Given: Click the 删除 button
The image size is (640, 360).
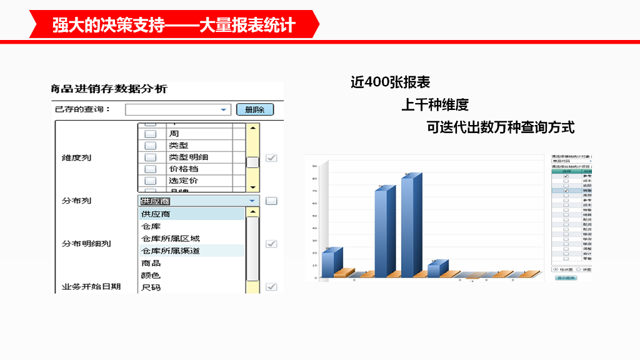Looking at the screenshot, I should [254, 109].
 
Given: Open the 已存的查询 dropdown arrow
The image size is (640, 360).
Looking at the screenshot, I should [224, 110].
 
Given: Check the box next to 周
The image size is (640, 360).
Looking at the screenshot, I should [150, 134].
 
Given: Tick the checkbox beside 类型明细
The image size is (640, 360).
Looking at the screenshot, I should [150, 157].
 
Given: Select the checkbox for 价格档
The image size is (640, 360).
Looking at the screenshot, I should [150, 169].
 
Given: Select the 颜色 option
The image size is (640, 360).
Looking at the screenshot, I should [151, 275].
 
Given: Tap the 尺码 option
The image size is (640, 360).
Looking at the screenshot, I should [151, 287].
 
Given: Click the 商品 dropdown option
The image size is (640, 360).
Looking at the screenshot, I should [151, 263].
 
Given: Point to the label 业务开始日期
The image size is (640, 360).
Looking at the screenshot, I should [91, 287].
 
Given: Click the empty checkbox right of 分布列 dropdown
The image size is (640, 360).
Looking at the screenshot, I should [271, 201].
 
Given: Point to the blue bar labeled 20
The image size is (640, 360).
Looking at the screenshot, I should [329, 262].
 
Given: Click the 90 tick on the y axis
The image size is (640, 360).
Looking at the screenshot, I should [315, 166].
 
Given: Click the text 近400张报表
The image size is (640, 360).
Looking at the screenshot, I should [390, 82].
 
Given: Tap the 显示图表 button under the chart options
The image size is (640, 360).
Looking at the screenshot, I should [566, 277].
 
